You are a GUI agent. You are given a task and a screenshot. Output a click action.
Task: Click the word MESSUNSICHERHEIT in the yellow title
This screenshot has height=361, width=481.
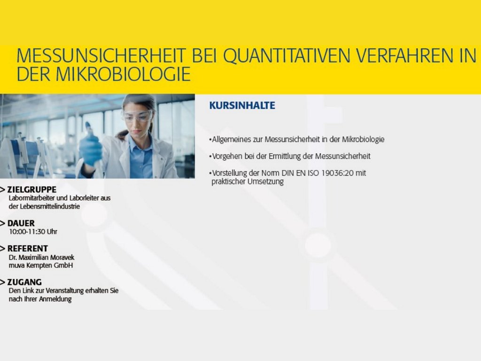coord(101,55)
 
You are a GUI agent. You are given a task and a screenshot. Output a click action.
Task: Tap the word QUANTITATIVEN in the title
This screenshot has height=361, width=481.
coord(287,56)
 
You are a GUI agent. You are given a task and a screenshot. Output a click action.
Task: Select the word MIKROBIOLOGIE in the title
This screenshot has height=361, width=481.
coord(123,74)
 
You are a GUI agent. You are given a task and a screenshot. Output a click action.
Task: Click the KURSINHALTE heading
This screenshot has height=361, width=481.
coord(242,105)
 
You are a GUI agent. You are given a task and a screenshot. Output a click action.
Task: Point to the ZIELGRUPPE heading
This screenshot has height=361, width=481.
coord(32,189)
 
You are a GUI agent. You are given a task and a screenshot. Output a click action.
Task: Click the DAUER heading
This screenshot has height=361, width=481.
coord(21,223)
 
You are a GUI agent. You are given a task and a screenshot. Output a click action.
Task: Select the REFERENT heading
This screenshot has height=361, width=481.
coord(28,248)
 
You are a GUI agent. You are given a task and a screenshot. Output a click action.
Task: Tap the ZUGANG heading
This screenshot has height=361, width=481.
coord(24,282)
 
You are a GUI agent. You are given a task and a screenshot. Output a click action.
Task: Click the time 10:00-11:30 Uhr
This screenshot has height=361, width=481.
coord(33,231)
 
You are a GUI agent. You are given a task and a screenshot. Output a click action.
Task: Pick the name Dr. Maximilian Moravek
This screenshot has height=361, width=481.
coord(41,257)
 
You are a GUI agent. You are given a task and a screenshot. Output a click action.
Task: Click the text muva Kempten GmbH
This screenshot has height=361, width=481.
coord(41,265)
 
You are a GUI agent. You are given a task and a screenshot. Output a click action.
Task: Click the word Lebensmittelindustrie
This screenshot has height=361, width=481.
coord(50,206)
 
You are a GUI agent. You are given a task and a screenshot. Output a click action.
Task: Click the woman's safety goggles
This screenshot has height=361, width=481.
coord(138,116)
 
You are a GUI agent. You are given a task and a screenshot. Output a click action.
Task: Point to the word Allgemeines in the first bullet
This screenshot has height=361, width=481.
coord(232,140)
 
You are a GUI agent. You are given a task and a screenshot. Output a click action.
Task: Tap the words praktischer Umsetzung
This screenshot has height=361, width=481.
coord(248,181)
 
